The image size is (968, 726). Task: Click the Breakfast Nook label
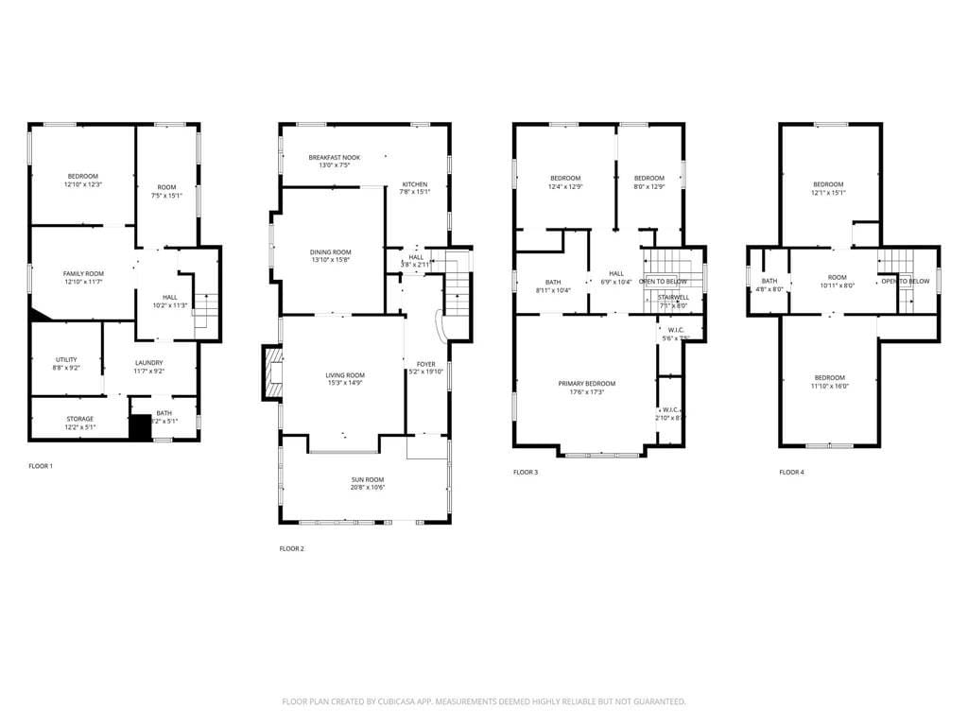(x=334, y=157)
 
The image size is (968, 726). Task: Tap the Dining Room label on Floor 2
(x=330, y=252)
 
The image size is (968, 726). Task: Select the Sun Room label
(x=368, y=480)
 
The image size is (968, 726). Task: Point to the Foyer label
(x=426, y=364)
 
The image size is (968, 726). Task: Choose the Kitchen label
(x=415, y=184)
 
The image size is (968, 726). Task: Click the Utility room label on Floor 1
(x=66, y=359)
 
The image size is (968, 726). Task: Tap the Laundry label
(x=148, y=363)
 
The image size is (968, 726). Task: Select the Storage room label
(x=79, y=419)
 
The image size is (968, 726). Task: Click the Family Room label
(x=82, y=273)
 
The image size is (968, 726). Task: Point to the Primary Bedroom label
(x=586, y=383)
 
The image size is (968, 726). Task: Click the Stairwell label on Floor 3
(x=673, y=297)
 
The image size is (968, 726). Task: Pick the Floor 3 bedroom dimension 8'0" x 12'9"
(x=648, y=186)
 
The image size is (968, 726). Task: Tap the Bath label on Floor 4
(x=769, y=280)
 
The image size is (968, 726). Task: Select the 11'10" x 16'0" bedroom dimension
(x=829, y=386)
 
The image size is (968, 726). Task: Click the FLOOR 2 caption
(x=292, y=548)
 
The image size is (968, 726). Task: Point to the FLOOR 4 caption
(x=791, y=472)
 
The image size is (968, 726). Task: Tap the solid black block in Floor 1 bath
(x=141, y=428)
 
